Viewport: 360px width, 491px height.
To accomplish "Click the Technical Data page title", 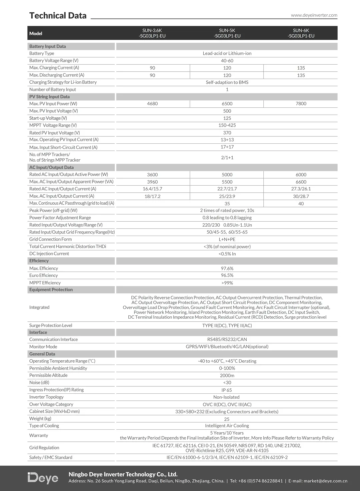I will coord(58,16).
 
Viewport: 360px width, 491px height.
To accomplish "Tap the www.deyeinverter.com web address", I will coord(314,15).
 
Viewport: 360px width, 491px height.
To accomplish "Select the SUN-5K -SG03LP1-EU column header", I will coord(227,33).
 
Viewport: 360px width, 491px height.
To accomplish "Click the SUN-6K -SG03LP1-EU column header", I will coord(301,33).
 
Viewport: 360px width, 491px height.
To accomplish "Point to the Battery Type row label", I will coord(42,53).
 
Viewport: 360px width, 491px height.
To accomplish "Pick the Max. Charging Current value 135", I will coord(301,68).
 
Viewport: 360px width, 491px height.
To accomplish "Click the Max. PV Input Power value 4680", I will coord(152,104).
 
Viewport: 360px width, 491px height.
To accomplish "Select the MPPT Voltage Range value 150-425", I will coord(227,125).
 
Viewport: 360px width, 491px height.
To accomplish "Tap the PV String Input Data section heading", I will coord(49,97).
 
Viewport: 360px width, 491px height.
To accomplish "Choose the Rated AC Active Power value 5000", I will coord(227,175).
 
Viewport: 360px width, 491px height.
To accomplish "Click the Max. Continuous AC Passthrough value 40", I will coord(301,204).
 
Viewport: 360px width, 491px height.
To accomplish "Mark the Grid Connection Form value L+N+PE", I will coord(227,239).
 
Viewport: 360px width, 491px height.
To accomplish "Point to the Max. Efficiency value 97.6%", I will coord(227,268).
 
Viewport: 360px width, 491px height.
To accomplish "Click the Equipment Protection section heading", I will coord(51,290).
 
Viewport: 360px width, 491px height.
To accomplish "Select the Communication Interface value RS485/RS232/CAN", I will coord(227,339).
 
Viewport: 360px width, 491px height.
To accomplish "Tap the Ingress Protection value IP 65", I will coord(227,390).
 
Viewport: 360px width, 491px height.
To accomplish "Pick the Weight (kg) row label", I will coord(40,419).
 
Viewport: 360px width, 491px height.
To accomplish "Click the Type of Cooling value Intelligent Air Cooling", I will coord(227,426).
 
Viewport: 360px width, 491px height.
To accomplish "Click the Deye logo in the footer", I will coord(43,478).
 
